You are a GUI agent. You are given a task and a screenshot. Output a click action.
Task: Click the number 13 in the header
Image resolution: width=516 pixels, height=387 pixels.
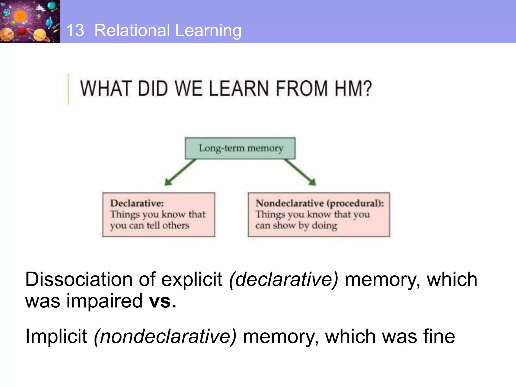pyautogui.click(x=75, y=30)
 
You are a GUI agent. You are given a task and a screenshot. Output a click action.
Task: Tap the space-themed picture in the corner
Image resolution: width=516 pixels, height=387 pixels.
pyautogui.click(x=30, y=21)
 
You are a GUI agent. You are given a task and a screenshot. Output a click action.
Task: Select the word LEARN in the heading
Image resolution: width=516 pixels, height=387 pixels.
pyautogui.click(x=239, y=88)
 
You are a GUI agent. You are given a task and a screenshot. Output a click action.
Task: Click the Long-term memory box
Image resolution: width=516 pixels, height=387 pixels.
pyautogui.click(x=240, y=148)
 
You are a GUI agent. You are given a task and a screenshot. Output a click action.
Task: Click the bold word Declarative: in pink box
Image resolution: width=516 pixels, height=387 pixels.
pyautogui.click(x=137, y=203)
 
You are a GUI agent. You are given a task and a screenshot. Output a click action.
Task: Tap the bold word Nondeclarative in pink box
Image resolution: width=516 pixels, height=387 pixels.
pyautogui.click(x=289, y=203)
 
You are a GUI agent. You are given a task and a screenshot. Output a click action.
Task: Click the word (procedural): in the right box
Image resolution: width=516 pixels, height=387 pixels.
pyautogui.click(x=355, y=203)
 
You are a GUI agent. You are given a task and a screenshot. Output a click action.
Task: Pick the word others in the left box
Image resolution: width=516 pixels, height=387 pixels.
pyautogui.click(x=176, y=225)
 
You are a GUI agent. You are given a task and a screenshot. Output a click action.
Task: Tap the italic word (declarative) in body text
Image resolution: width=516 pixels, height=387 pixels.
pyautogui.click(x=283, y=280)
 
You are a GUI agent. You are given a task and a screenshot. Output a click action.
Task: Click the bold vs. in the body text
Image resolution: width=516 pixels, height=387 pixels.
pyautogui.click(x=163, y=301)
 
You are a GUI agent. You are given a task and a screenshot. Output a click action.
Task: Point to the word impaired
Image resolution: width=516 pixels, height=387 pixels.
pyautogui.click(x=104, y=301)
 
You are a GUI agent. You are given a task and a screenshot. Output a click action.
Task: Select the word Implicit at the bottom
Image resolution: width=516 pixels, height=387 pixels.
pyautogui.click(x=56, y=336)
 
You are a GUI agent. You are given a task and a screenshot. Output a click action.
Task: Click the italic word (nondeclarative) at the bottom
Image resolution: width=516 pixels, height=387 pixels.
pyautogui.click(x=165, y=336)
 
